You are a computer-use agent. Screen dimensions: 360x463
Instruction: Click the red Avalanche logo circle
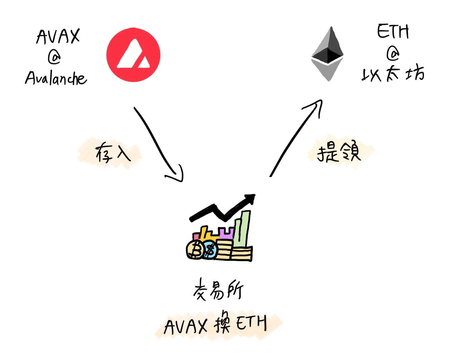coord(133,55)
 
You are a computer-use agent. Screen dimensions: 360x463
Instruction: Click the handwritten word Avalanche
coord(56,78)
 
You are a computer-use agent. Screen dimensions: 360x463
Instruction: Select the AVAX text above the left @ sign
coord(58,36)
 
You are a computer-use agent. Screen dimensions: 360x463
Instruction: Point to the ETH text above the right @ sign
coord(393,32)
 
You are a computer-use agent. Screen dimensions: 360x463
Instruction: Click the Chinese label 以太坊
coord(393,74)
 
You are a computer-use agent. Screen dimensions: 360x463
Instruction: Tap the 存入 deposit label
coord(113,153)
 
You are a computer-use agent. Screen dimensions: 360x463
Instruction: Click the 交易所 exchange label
coord(218,289)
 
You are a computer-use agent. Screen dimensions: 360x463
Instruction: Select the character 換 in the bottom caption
coord(222,322)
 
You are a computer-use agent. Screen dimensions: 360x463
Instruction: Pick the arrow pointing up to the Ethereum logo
coord(296,138)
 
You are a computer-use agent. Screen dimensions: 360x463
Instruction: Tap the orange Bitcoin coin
coord(196,250)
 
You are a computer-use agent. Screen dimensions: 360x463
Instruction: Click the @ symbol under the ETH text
coord(393,54)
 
